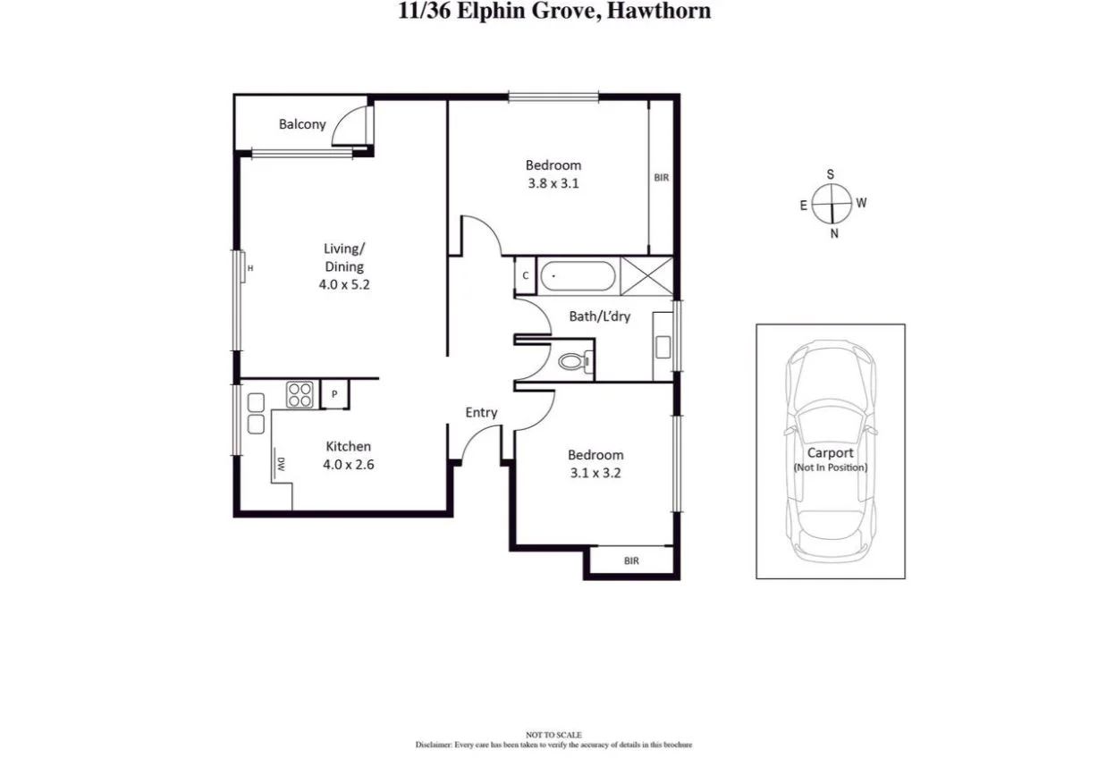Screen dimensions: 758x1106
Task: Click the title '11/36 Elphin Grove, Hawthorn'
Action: click(x=554, y=12)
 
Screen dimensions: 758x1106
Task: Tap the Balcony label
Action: click(x=302, y=124)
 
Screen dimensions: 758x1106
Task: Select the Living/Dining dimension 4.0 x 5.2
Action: click(x=344, y=286)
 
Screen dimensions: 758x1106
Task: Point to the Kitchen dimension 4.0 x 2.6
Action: click(x=348, y=464)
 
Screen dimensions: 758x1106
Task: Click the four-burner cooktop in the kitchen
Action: click(x=300, y=394)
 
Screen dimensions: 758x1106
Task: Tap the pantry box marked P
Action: click(x=334, y=394)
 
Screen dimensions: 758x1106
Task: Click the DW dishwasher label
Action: click(x=281, y=463)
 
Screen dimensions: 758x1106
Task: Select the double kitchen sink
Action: click(x=256, y=413)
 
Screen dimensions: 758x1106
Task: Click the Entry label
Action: click(x=481, y=412)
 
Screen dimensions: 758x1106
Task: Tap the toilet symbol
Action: click(x=572, y=362)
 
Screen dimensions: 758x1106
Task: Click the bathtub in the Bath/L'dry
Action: click(x=579, y=275)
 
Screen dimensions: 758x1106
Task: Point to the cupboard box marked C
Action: click(x=525, y=275)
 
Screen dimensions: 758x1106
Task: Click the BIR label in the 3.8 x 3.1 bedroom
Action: click(x=661, y=178)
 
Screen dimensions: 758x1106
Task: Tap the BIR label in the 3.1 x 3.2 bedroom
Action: click(x=631, y=561)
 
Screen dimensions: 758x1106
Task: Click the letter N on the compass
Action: click(x=834, y=233)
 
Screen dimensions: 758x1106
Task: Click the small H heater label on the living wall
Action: click(x=250, y=268)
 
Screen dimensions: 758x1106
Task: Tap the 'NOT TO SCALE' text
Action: click(x=554, y=735)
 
